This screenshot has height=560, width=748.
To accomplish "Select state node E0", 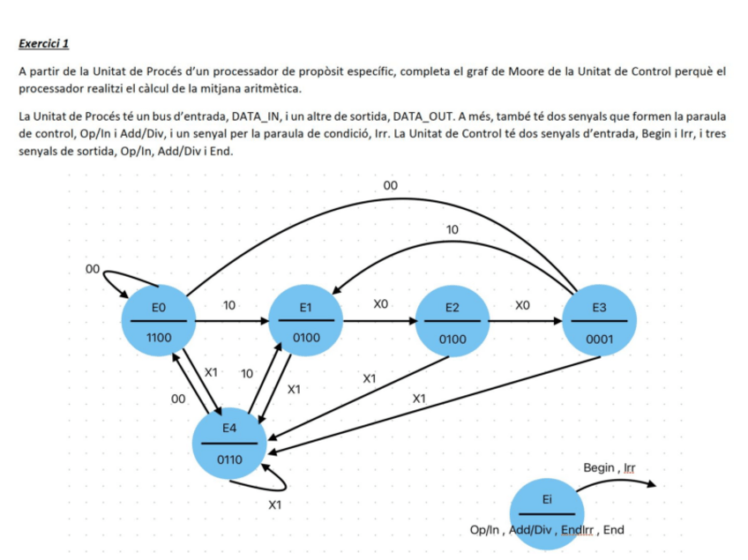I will tap(159, 322).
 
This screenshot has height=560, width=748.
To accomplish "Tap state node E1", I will tap(306, 322).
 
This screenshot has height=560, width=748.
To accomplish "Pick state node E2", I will tap(453, 322).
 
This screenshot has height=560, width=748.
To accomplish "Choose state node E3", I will tap(599, 322).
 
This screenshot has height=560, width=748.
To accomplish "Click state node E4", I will tap(229, 443).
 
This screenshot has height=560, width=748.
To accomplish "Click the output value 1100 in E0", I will tap(159, 338).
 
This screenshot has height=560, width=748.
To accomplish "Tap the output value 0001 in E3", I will tap(599, 338).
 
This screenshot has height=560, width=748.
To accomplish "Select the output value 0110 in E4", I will tap(229, 459).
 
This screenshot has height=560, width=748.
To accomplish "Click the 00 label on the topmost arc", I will tap(392, 185).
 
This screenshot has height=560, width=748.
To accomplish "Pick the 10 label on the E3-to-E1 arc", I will tap(453, 229).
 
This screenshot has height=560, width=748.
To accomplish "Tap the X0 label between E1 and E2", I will tap(380, 304).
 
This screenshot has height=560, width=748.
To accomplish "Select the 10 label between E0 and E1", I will tap(229, 305).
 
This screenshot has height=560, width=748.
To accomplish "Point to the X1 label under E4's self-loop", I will tap(274, 505).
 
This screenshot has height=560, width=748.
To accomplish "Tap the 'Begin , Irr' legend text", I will tap(609, 467).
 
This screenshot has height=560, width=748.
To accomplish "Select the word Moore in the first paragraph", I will tap(524, 71).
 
